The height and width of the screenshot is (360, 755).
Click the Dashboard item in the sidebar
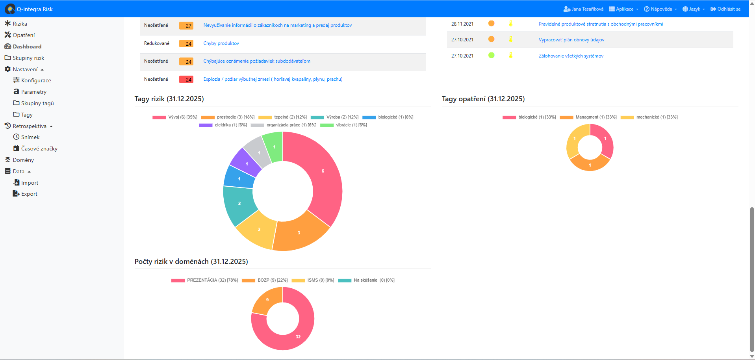click(x=27, y=46)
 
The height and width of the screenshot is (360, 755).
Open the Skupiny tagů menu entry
click(x=37, y=103)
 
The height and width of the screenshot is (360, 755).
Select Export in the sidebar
click(x=29, y=194)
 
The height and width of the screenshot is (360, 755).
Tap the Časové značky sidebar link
click(x=39, y=148)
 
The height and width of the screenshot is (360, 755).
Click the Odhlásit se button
click(x=725, y=9)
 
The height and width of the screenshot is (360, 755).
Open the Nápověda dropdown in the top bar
click(x=660, y=9)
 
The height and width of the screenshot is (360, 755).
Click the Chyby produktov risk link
click(x=221, y=43)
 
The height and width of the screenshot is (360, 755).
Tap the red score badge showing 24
click(x=186, y=80)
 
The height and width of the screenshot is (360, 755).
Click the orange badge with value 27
click(x=186, y=26)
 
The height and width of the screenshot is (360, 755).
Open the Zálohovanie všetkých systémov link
click(x=571, y=56)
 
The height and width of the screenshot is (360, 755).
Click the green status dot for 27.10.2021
click(x=491, y=56)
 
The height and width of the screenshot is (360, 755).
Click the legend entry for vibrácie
click(x=343, y=125)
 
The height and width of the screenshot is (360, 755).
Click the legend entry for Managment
click(x=588, y=117)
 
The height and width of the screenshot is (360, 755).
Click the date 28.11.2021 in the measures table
click(x=462, y=24)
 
